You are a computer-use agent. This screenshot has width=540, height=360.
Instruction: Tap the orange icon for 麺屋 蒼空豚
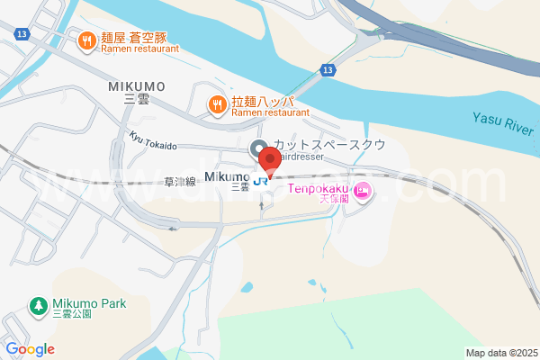(87, 40)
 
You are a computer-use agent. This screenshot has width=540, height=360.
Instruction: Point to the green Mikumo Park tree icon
(39, 306)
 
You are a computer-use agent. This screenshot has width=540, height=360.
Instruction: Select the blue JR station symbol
(261, 180)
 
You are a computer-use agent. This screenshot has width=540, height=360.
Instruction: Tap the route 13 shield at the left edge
(20, 34)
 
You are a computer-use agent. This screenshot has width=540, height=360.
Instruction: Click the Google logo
(30, 349)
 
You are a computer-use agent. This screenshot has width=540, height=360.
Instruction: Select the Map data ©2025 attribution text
(500, 353)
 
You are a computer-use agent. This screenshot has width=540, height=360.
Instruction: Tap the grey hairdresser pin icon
(256, 148)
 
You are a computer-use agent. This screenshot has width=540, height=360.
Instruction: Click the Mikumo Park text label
(88, 302)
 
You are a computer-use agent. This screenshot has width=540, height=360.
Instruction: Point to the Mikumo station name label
(227, 175)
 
